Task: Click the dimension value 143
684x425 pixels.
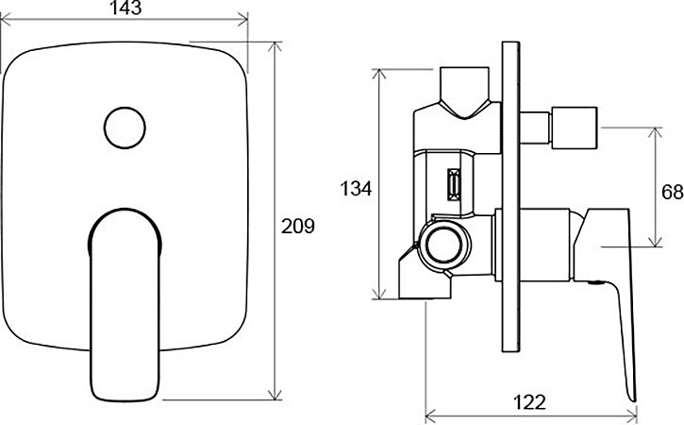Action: [125, 8]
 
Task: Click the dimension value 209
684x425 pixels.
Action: [297, 227]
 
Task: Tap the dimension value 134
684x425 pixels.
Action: [356, 189]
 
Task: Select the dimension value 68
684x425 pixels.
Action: [673, 192]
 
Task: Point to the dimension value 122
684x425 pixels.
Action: [529, 402]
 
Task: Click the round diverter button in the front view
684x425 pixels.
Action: [125, 127]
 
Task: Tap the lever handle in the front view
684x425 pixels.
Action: [125, 304]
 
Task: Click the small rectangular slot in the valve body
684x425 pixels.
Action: [454, 185]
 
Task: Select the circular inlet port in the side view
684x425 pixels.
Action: [444, 245]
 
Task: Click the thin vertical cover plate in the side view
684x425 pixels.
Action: [510, 196]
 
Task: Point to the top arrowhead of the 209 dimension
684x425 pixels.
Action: [275, 47]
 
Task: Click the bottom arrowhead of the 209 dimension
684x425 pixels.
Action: [275, 394]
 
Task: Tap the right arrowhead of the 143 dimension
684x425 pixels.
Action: [242, 19]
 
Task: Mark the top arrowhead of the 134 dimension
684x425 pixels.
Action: [379, 75]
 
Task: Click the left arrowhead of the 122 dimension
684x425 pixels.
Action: [431, 413]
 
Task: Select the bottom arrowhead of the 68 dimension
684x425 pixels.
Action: [655, 241]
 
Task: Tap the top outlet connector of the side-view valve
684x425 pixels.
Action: [464, 93]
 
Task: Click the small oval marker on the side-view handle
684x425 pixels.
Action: [596, 282]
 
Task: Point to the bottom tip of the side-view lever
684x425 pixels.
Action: [633, 400]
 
